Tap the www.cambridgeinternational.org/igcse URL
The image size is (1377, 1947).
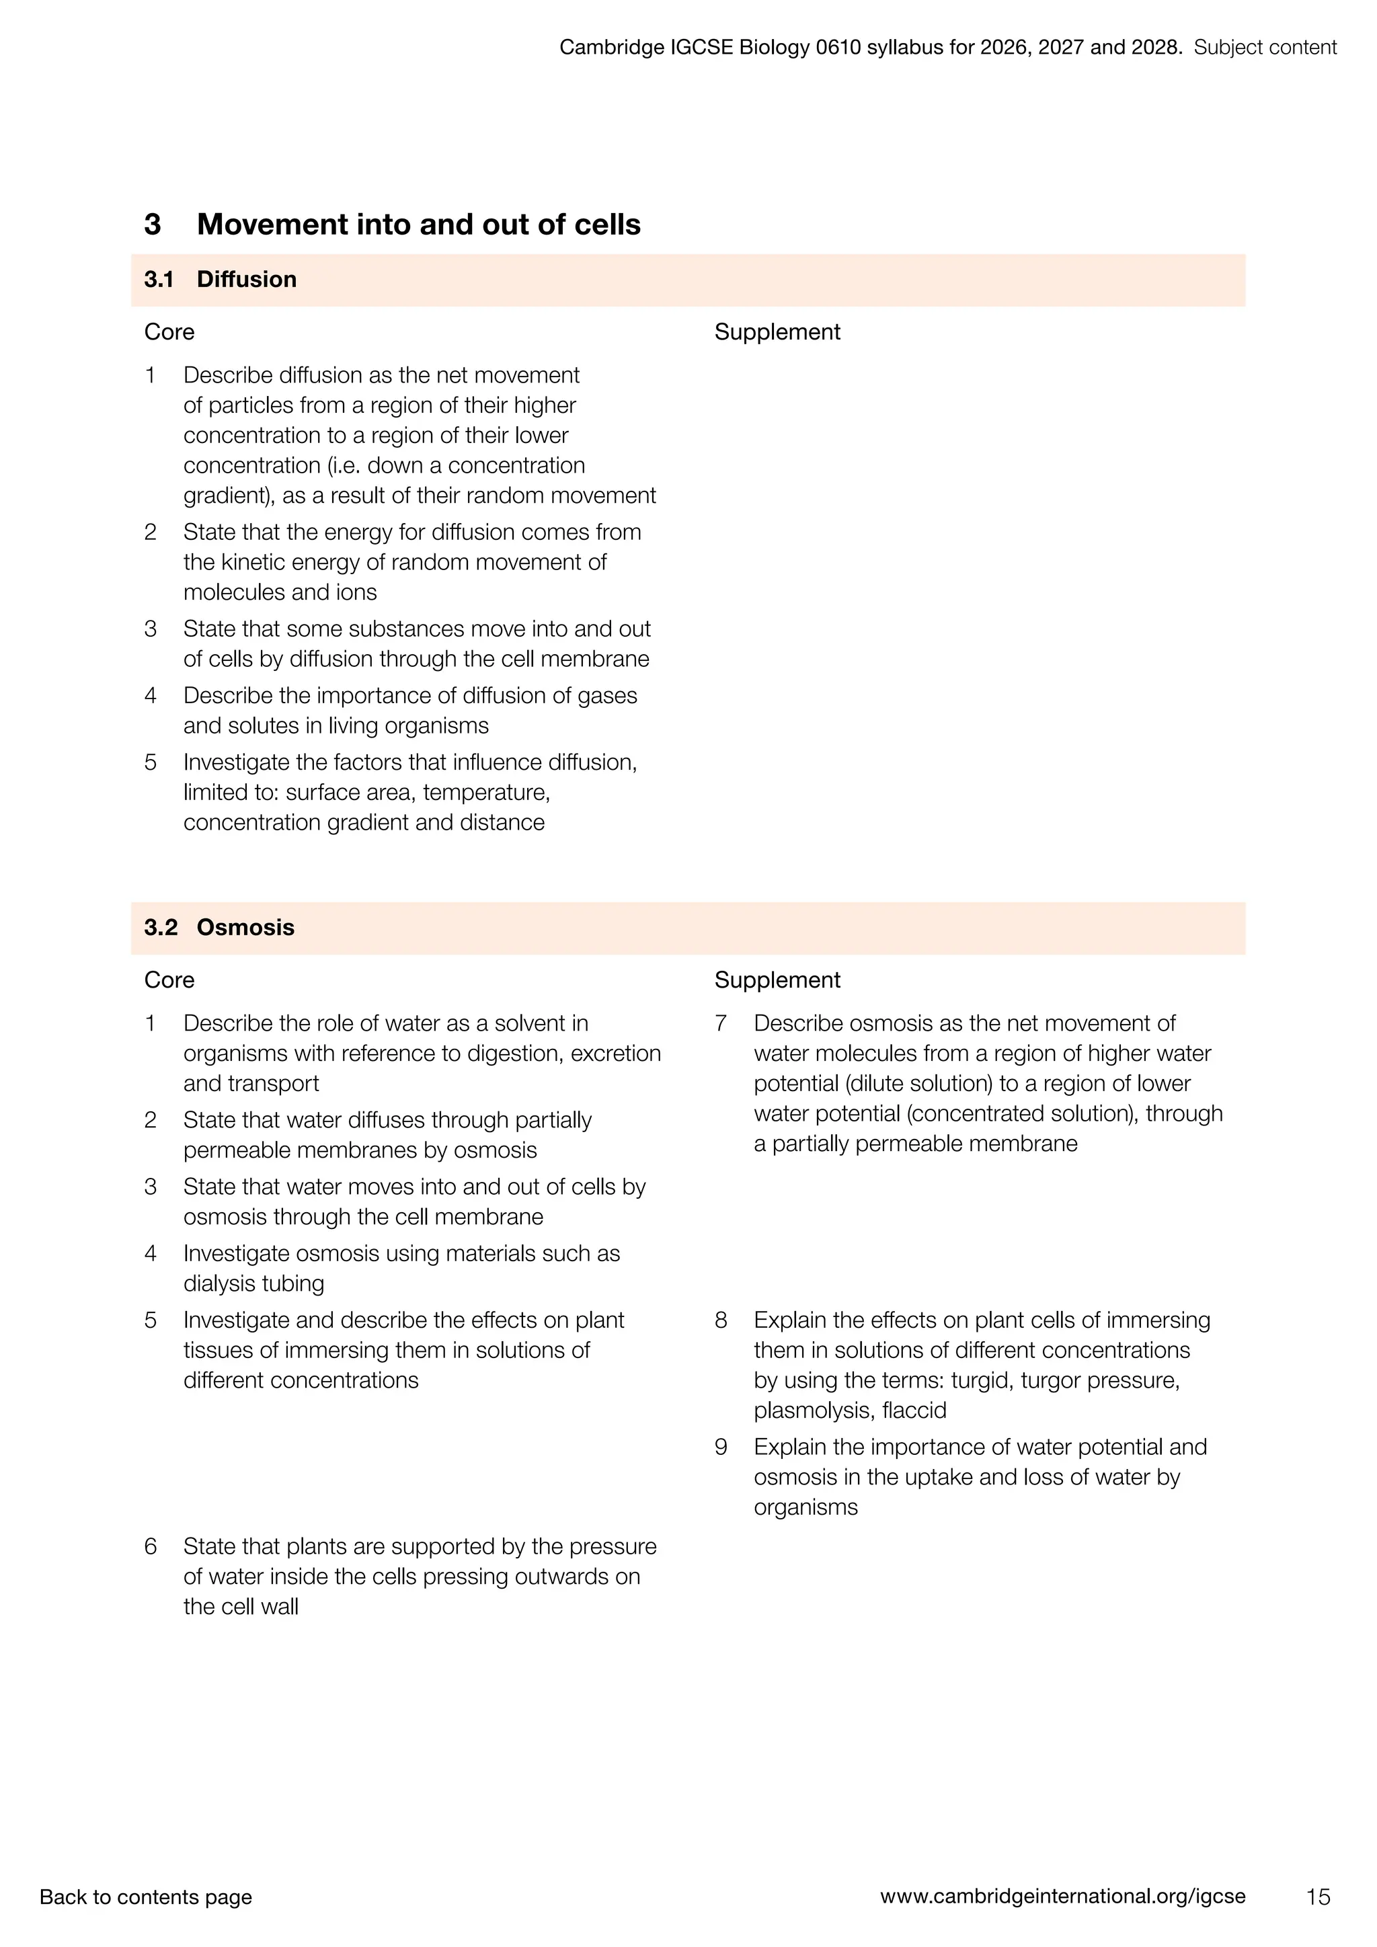[1062, 1896]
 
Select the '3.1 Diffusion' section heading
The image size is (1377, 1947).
[221, 279]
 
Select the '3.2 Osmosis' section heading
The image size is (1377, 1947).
[220, 927]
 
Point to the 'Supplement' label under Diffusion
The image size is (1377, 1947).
[777, 331]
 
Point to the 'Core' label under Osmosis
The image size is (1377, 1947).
[169, 980]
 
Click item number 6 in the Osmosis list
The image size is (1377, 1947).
[150, 1546]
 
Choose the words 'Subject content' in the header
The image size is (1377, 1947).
[1265, 48]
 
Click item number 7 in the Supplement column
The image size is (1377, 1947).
[721, 1023]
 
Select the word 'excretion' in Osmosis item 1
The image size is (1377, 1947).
[617, 1054]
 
